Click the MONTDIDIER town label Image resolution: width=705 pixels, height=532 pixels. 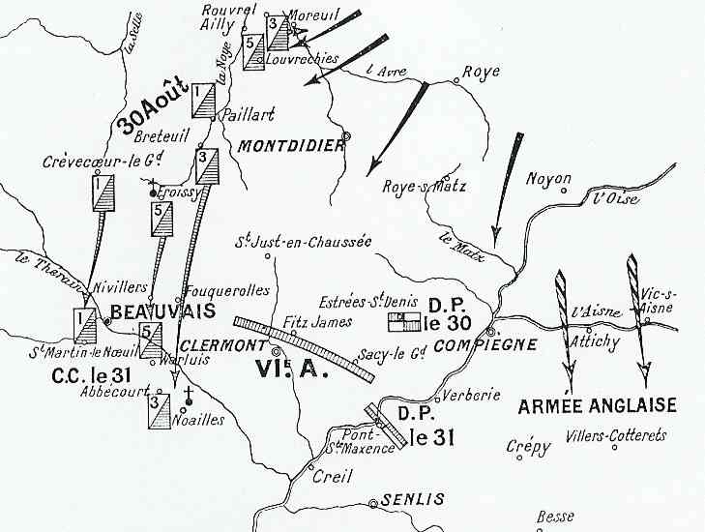point(289,145)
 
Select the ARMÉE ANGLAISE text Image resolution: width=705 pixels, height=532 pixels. point(597,404)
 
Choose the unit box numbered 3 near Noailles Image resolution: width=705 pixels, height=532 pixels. point(160,411)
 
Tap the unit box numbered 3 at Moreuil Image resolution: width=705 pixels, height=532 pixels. point(279,32)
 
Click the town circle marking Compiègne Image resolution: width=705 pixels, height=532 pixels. point(490,331)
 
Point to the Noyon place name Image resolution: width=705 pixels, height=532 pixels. point(548,179)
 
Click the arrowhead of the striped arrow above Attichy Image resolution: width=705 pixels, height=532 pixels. point(568,370)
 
